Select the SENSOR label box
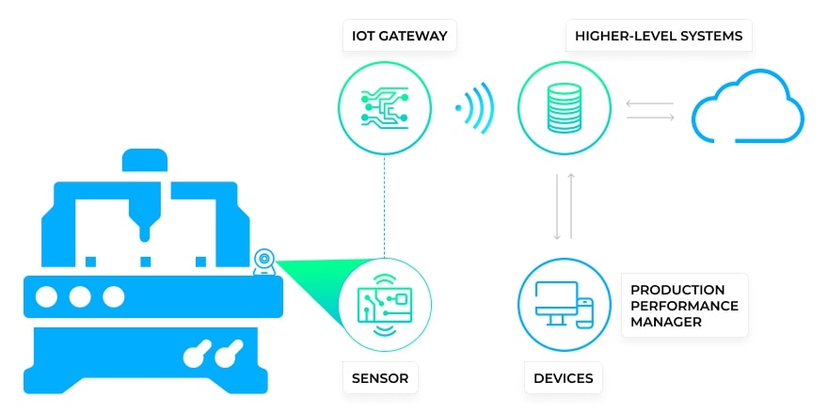[x=380, y=378]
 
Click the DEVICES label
[x=563, y=378]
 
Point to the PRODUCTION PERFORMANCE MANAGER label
[x=684, y=305]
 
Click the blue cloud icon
[x=749, y=109]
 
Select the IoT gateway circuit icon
[x=384, y=106]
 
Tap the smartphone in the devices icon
[x=585, y=312]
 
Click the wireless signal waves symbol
[x=475, y=106]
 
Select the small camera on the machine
[x=264, y=259]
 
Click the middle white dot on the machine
[x=80, y=297]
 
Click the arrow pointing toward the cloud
[x=650, y=117]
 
